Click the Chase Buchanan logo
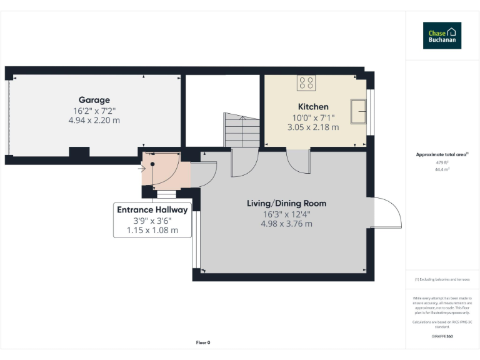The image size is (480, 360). coord(442,36)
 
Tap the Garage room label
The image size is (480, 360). coord(94,100)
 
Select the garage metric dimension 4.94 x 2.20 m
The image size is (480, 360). coord(94,120)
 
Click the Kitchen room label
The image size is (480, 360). coord(312,107)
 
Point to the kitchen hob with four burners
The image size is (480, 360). coord(306,82)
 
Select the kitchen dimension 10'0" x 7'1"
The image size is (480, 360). coord(312,117)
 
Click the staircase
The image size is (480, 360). coord(240,131)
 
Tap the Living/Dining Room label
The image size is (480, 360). coord(286,203)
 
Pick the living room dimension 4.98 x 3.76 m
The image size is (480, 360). coord(286,223)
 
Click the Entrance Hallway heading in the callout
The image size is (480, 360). coord(152,210)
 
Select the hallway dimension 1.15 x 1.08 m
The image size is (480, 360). coord(152,230)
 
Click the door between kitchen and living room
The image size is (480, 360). coord(298,161)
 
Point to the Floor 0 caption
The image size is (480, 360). coord(203,342)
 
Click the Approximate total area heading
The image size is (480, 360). coord(442,154)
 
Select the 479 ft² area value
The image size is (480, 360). coord(442,162)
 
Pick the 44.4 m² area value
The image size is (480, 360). coord(442,169)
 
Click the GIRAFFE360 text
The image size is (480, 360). coord(442,336)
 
